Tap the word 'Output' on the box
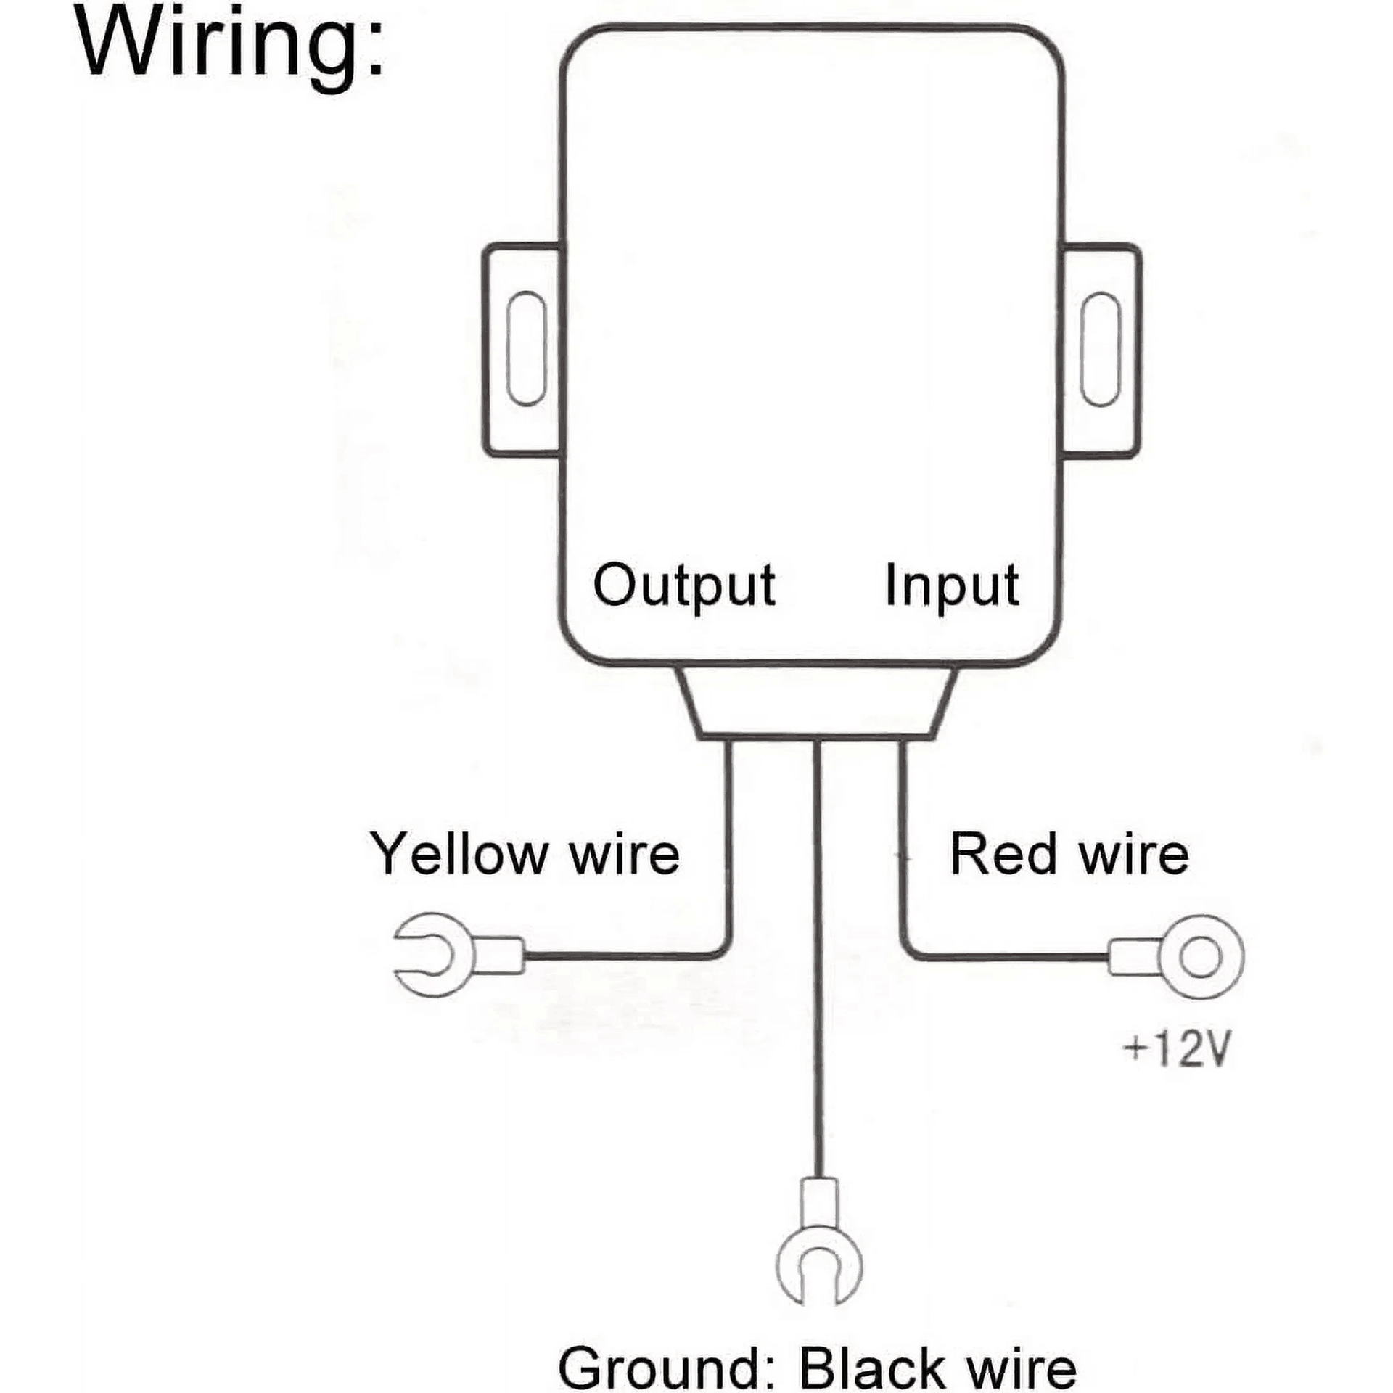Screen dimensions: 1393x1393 pos(684,587)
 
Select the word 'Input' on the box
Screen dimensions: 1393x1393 pos(952,587)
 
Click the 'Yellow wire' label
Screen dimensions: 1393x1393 pos(525,854)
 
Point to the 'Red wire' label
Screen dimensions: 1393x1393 pos(1069,854)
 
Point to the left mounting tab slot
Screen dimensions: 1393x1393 pos(525,349)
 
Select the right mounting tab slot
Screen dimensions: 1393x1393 pos(1101,349)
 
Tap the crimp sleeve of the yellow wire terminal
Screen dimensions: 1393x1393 pos(501,955)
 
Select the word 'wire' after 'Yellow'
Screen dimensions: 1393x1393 pos(625,854)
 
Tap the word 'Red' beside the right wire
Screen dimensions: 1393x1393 pos(1003,854)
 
